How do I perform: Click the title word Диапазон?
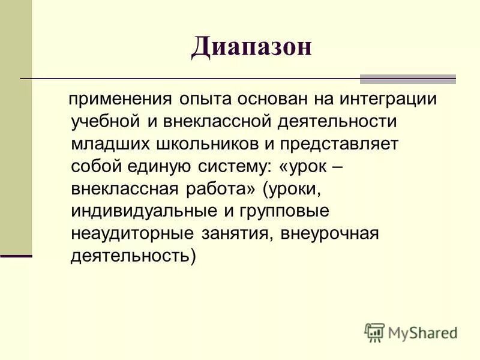click(251, 47)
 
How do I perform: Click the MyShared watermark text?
click(421, 332)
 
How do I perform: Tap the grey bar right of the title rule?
click(407, 79)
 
